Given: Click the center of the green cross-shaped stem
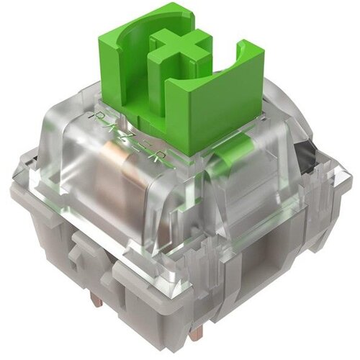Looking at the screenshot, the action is coord(180,48).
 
